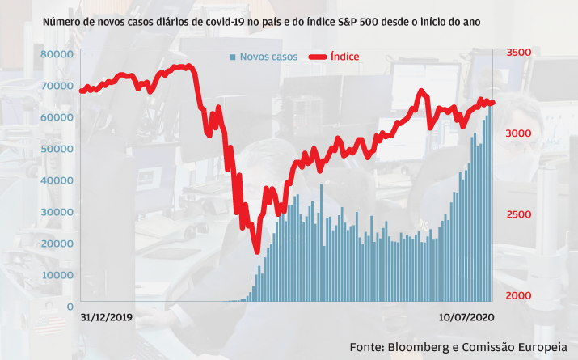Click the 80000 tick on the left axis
coord(57,54)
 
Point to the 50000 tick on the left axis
coord(57,149)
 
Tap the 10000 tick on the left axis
coord(57,275)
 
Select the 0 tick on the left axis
coord(71,307)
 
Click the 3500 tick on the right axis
coord(519,53)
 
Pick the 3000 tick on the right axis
coord(519,133)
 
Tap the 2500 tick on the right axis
coord(519,214)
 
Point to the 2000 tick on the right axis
coord(519,295)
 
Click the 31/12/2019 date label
coord(107,318)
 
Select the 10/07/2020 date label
coord(466,318)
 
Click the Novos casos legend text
coord(268,57)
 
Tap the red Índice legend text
coord(345,57)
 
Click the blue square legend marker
coord(233,57)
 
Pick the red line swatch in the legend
coord(317,57)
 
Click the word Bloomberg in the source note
coord(423,346)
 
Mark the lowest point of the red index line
coord(257,249)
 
